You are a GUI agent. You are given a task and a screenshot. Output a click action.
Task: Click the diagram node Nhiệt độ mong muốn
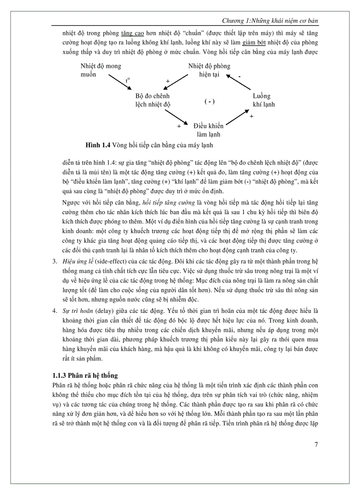click(x=101, y=70)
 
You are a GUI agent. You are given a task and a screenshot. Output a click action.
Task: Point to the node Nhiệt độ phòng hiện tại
click(x=209, y=70)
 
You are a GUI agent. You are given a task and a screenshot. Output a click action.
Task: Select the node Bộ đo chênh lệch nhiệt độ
click(x=152, y=100)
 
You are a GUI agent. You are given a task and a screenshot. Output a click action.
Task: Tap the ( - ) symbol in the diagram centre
click(x=209, y=101)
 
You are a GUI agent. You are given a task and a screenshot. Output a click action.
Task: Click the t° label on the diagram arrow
click(x=127, y=80)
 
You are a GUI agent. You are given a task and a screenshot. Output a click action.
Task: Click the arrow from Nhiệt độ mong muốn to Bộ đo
click(x=121, y=84)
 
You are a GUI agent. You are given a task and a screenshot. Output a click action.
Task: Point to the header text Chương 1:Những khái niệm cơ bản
click(x=270, y=21)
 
